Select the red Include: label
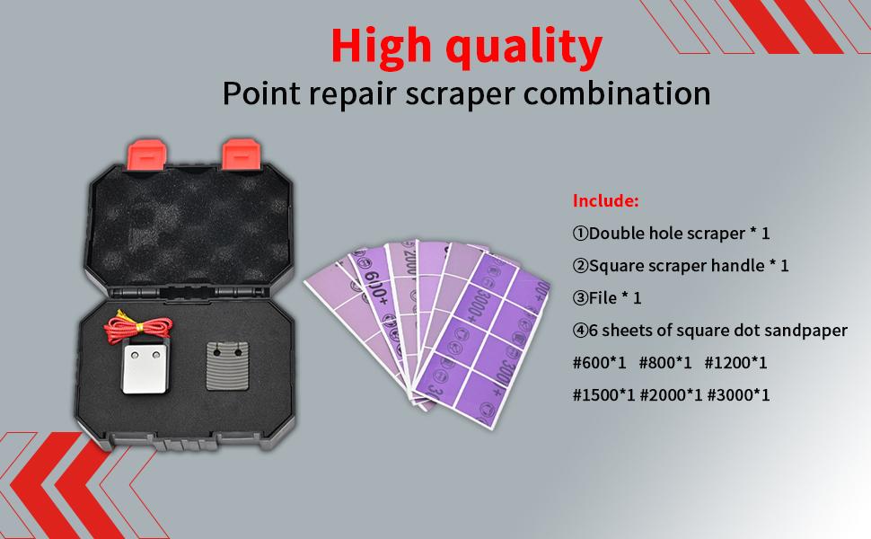pos(606,199)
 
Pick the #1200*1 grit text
pos(735,363)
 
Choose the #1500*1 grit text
pos(603,394)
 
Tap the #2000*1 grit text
pos(671,394)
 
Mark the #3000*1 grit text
pos(738,394)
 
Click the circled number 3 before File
pos(581,297)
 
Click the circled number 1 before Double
pos(581,233)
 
